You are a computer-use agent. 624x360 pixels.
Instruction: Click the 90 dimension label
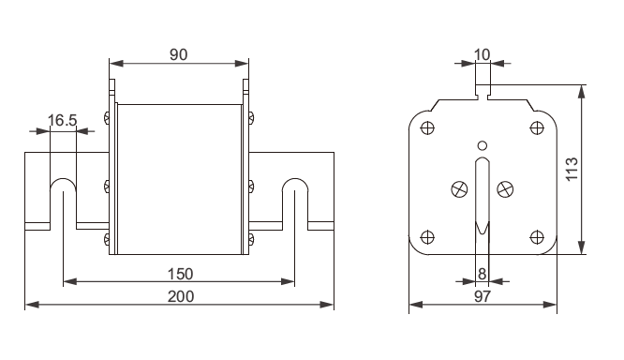[179, 54]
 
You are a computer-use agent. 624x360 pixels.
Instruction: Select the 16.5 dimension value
[64, 121]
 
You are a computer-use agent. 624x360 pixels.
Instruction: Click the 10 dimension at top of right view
[482, 54]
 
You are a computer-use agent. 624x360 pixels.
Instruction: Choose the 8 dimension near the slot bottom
[482, 274]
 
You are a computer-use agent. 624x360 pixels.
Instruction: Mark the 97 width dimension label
[482, 297]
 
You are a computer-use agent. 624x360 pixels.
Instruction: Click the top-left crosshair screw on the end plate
[427, 127]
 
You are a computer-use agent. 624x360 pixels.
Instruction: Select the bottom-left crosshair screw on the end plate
[427, 234]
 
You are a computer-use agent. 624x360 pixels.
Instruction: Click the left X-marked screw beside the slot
[460, 188]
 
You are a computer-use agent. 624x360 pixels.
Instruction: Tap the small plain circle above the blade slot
[482, 144]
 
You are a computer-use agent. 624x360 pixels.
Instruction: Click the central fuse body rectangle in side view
[179, 178]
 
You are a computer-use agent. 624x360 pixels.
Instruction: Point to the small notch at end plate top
[482, 93]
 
